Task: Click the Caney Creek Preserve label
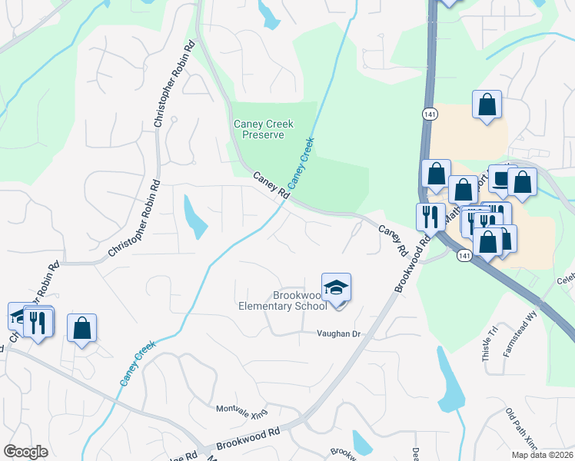coord(259,129)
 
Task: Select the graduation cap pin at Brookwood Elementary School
coord(336,289)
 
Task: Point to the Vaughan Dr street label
coord(339,333)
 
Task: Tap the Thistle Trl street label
coord(485,348)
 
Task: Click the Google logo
coord(25,452)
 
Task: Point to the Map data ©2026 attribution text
coord(542,455)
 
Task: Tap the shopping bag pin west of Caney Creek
coord(81,329)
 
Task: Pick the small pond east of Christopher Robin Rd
coord(195,216)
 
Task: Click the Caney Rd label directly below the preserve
coord(271,186)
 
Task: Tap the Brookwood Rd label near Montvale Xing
coord(247,439)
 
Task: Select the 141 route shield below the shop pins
coord(464,254)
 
